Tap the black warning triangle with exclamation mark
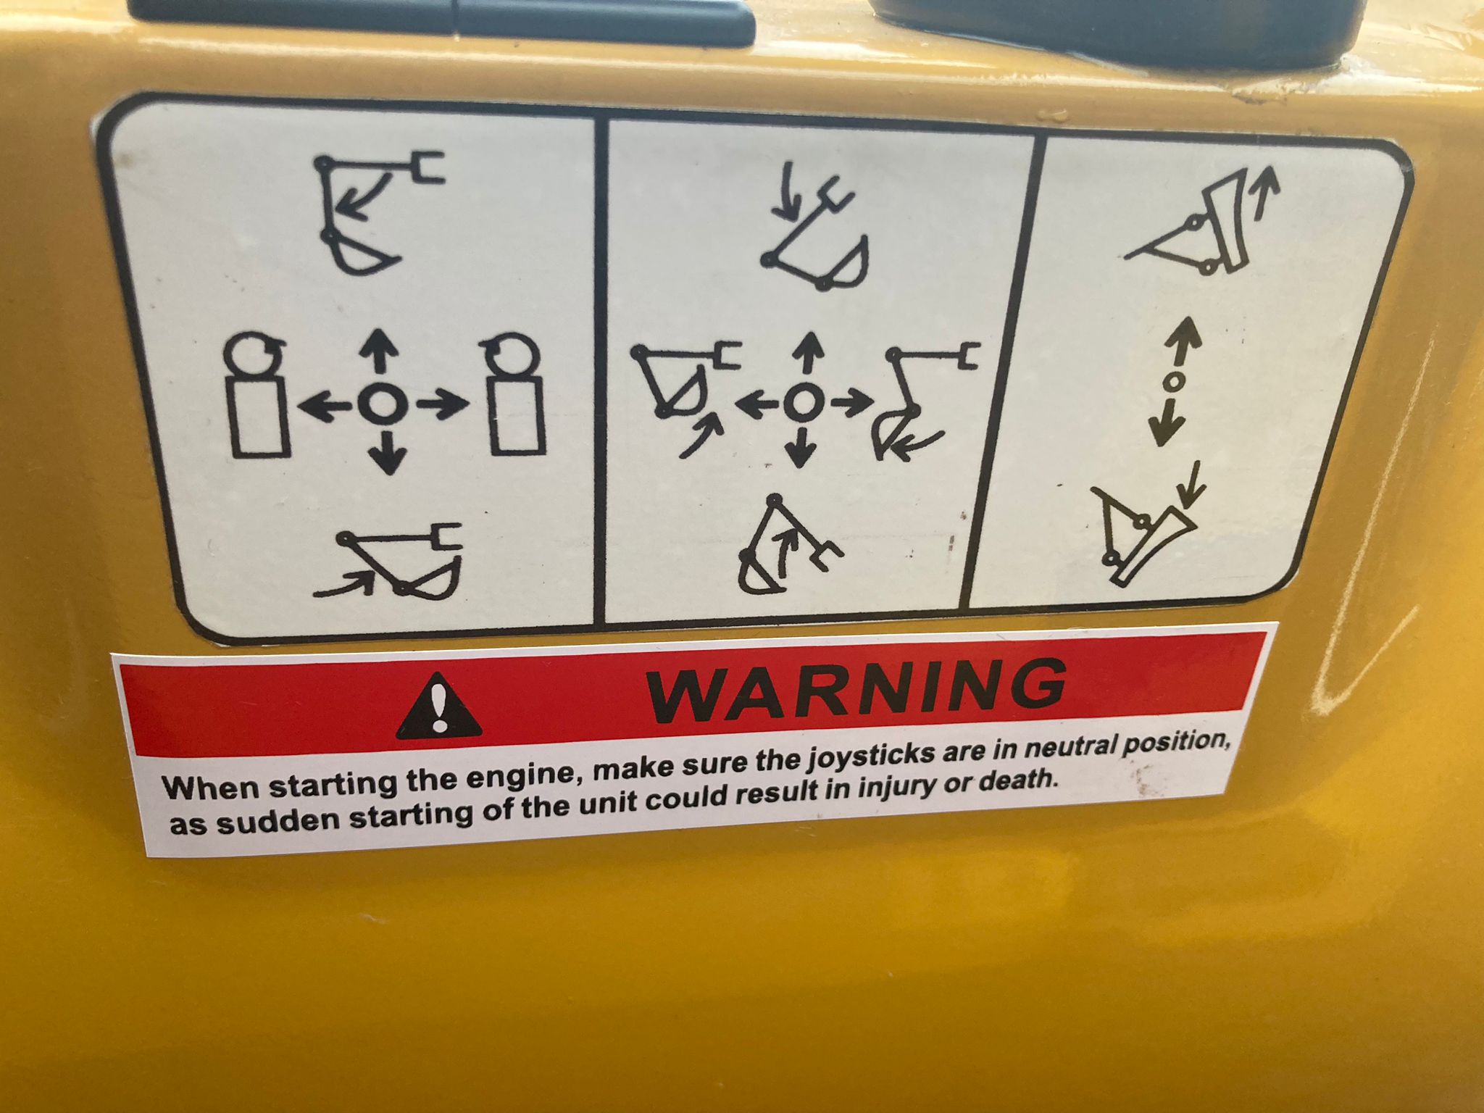pos(438,706)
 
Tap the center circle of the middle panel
pos(801,402)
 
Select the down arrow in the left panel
pos(389,453)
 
